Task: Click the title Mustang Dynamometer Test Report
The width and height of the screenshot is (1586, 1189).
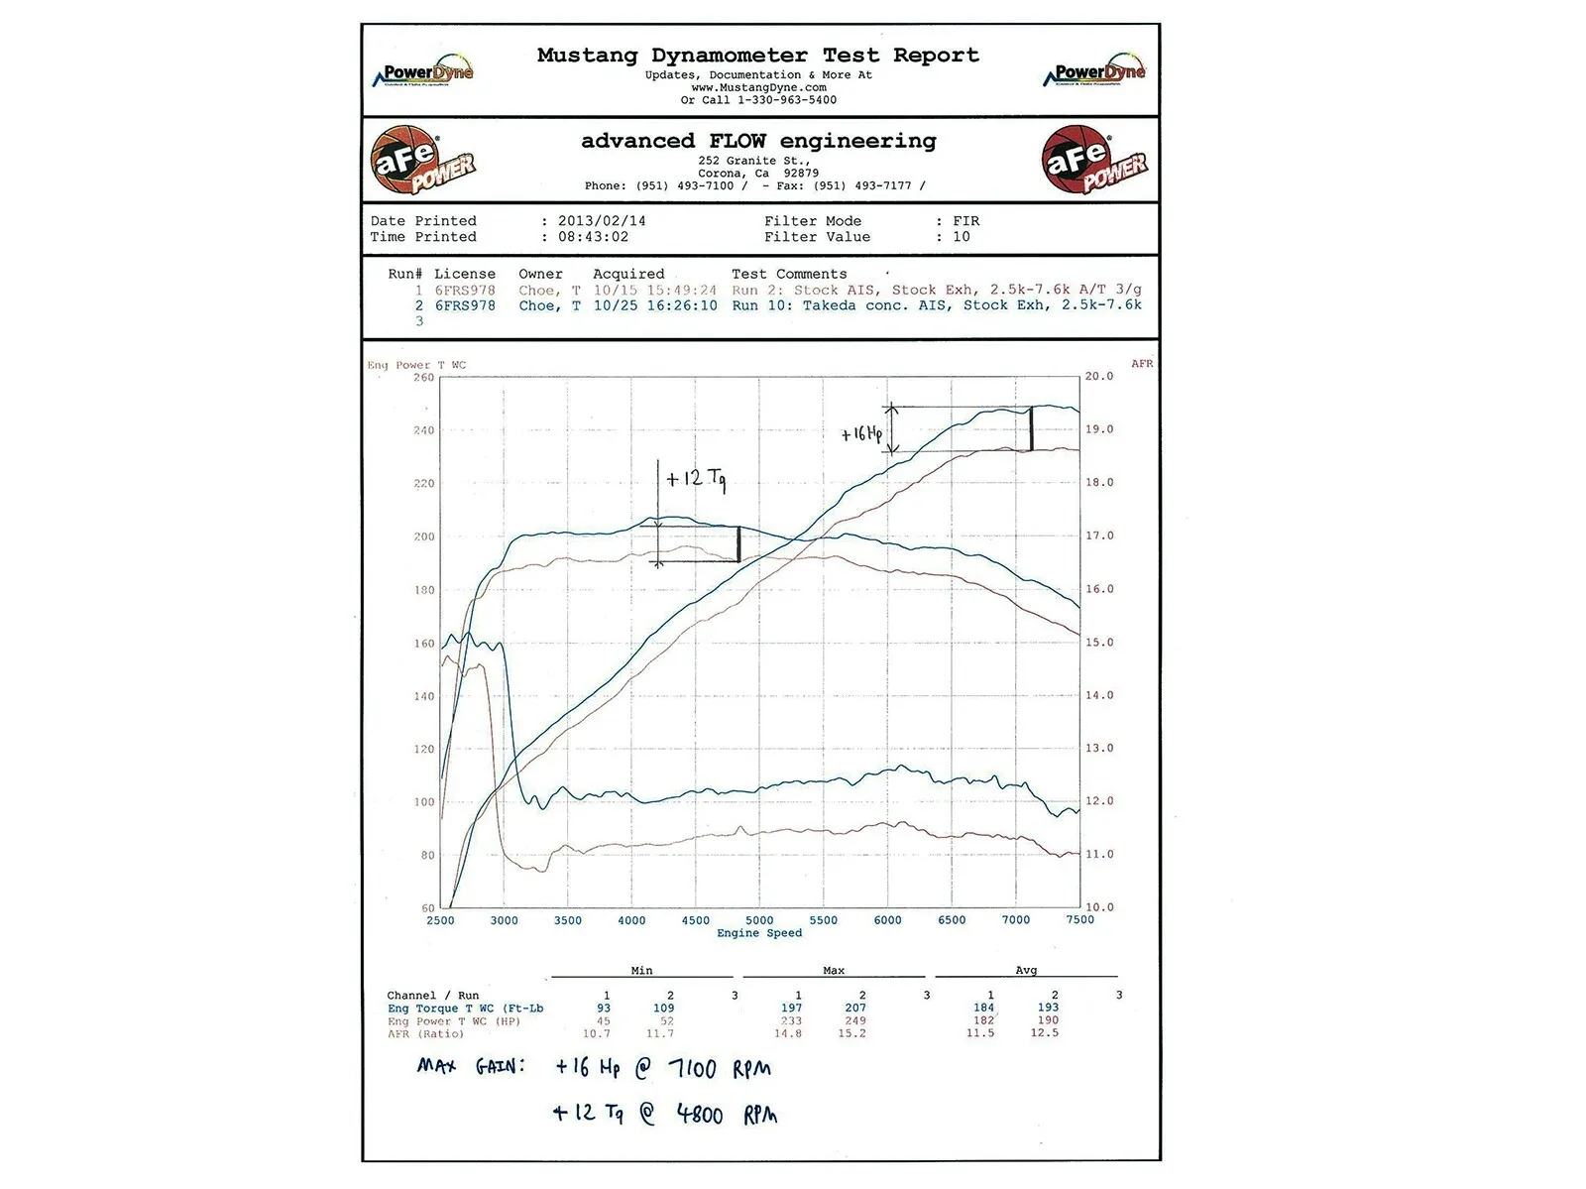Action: [x=757, y=56]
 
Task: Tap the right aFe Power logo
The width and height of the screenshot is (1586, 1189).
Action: [x=1093, y=160]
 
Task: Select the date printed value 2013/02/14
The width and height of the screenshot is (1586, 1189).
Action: [x=602, y=221]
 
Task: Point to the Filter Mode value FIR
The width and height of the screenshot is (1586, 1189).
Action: [x=965, y=221]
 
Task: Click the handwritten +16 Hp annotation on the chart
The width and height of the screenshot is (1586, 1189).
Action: [x=861, y=433]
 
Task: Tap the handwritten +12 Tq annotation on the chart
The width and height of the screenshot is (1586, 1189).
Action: [x=696, y=479]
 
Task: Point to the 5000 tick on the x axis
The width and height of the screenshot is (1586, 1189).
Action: [x=759, y=920]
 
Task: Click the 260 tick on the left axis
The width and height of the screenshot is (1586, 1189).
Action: [x=423, y=378]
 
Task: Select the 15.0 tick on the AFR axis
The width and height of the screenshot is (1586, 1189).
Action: [x=1098, y=643]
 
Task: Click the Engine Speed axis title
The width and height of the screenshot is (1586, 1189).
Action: [x=759, y=933]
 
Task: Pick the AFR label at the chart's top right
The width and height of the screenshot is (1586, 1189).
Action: [x=1142, y=364]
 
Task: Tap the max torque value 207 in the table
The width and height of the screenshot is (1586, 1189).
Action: [x=855, y=1008]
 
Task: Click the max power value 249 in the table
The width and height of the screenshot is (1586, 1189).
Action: [x=855, y=1020]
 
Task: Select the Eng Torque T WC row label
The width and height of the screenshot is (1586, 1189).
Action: [x=465, y=1009]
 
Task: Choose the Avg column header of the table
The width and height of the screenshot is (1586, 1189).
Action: [x=1026, y=971]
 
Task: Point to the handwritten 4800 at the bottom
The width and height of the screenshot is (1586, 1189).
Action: [x=700, y=1115]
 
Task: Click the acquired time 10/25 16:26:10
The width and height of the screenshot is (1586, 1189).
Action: [x=655, y=305]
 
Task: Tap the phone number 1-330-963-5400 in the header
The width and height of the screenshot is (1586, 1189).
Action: [x=786, y=100]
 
